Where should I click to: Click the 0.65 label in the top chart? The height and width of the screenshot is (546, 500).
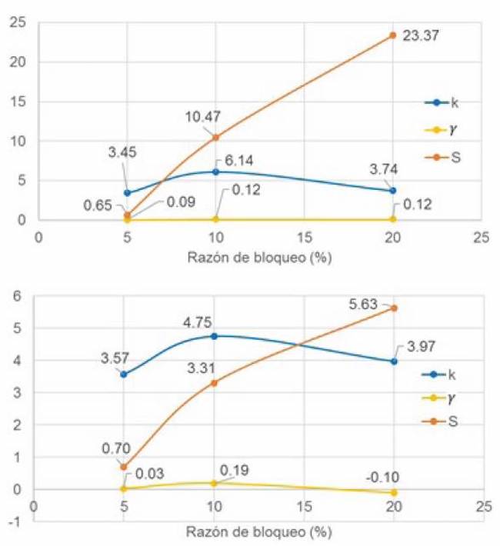[x=98, y=205]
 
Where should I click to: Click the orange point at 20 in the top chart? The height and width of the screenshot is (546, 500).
[x=392, y=35]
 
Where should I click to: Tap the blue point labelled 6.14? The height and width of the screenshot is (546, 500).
[x=215, y=171]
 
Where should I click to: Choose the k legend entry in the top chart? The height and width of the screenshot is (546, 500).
[x=455, y=103]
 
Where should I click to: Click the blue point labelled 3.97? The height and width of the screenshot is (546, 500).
[x=393, y=361]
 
